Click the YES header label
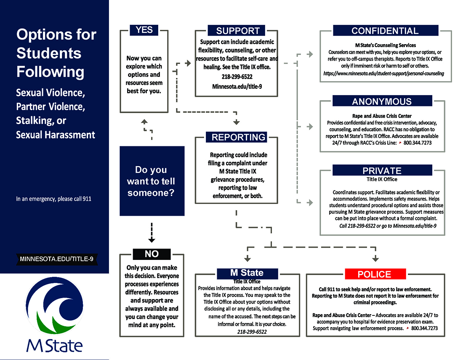144,30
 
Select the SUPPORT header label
238,31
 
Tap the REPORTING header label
238,137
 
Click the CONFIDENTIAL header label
385,31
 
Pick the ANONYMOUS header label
382,101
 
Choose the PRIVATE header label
382,170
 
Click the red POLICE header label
374,274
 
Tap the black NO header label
152,254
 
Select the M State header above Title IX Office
247,273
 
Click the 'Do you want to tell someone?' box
152,181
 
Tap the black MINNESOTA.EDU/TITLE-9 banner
56,259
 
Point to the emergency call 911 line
53,199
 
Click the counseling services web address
383,73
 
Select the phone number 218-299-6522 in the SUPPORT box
238,77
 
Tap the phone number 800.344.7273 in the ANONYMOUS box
418,143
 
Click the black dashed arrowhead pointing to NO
152,240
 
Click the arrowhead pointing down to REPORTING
237,122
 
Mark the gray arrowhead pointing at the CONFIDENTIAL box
310,54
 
